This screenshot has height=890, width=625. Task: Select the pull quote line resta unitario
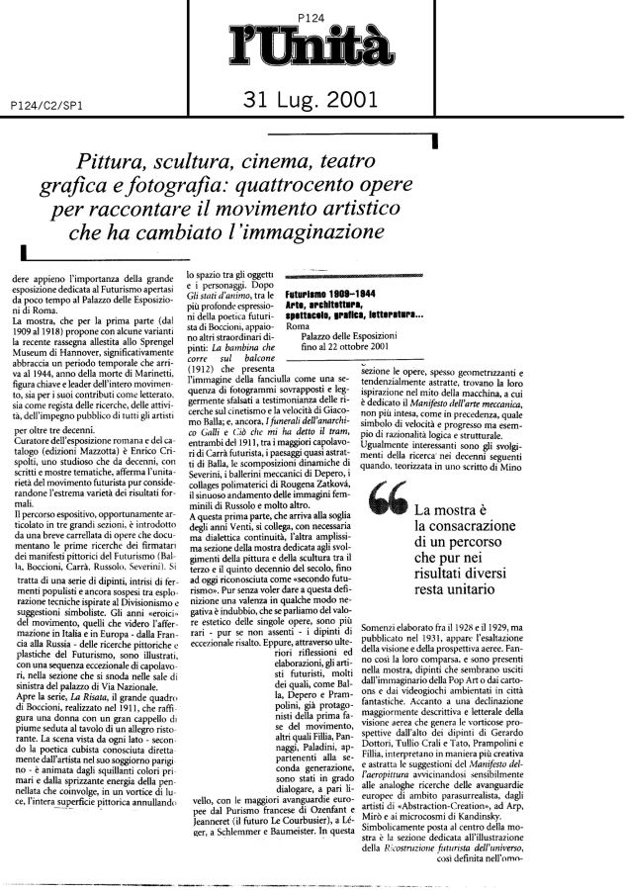point(467,599)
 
